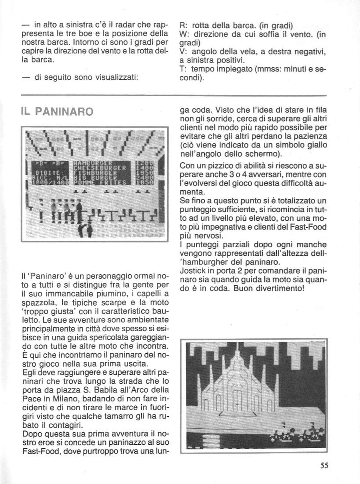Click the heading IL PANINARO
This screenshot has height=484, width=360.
click(x=57, y=112)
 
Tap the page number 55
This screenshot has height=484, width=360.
click(x=324, y=466)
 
